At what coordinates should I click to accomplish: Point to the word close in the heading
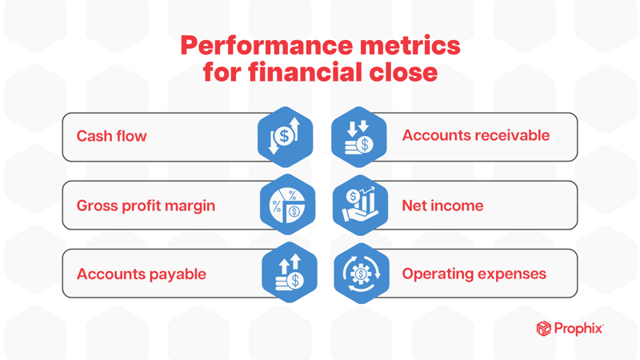coord(402,73)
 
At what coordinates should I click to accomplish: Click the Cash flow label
coord(111,136)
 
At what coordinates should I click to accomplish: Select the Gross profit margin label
coord(146,206)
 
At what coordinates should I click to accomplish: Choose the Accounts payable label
coord(141,274)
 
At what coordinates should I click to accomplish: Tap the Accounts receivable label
coord(475,135)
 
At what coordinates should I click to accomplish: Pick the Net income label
coord(442,206)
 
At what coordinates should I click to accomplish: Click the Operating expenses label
coord(474,274)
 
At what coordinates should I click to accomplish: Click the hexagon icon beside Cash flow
coord(285,137)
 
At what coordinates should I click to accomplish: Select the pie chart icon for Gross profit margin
coord(287,206)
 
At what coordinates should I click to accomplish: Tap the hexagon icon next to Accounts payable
coord(289,273)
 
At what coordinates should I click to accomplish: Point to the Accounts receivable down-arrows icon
coord(359,137)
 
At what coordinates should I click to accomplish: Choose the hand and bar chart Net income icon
coord(360,206)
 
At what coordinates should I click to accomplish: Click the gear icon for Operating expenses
coord(362,274)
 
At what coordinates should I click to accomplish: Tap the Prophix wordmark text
coord(578,329)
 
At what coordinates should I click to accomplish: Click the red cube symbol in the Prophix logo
coord(543,329)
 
